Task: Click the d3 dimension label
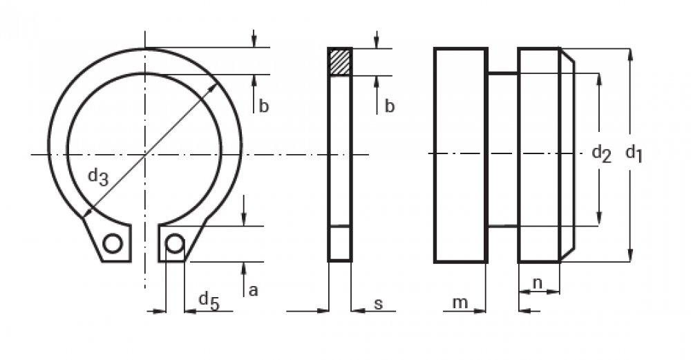pos(98,177)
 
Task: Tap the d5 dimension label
pos(209,301)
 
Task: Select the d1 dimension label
pos(634,155)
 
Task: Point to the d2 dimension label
pos(602,154)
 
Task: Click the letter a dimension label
pos(253,291)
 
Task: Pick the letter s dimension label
pos(378,303)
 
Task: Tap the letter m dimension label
pos(460,303)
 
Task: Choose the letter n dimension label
pos(537,283)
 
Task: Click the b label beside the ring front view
pos(263,106)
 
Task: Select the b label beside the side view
pos(389,106)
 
